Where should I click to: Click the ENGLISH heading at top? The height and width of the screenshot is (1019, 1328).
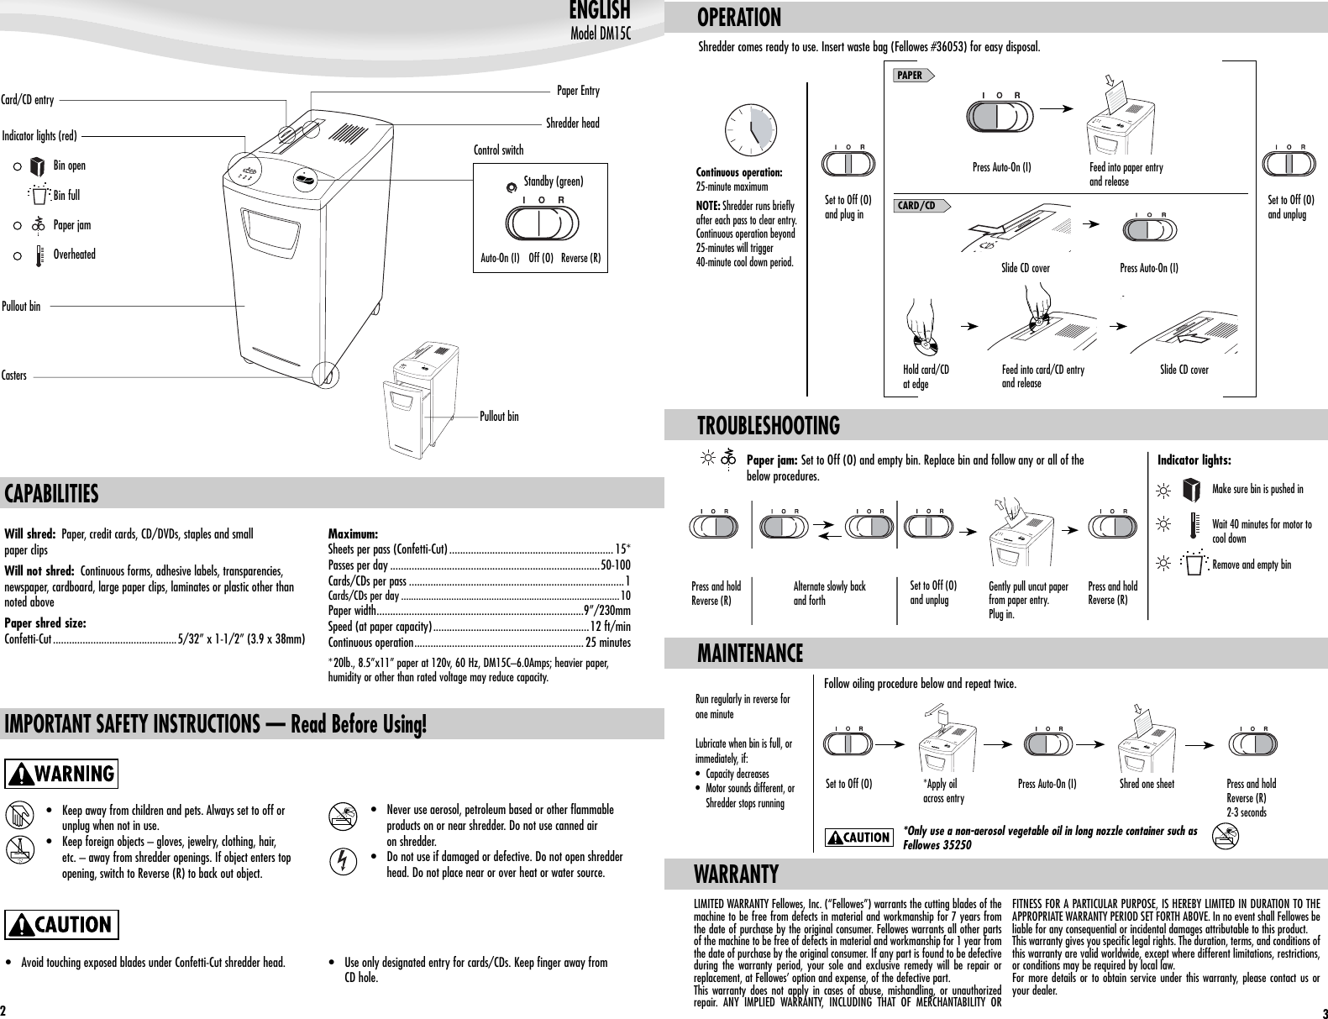coord(599,11)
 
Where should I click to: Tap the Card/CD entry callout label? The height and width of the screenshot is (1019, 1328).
coord(29,100)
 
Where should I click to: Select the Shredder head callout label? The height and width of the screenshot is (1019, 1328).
coord(572,123)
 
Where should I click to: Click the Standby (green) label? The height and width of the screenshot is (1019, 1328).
coord(553,181)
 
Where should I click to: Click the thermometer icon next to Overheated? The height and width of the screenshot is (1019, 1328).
coord(38,255)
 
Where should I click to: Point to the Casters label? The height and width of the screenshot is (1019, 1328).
coord(14,376)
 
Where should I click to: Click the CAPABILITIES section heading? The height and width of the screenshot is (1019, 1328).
coord(52,494)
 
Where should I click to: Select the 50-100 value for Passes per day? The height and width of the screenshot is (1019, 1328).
coord(615,565)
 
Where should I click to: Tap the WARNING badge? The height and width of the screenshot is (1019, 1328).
coord(62,773)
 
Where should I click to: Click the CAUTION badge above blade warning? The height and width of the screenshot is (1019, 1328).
coord(62,925)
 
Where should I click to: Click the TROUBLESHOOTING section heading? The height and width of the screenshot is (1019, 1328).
coord(769,426)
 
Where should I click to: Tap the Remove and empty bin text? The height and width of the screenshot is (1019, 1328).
coord(1252,565)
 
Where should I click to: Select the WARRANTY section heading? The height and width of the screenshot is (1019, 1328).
coord(736,875)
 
